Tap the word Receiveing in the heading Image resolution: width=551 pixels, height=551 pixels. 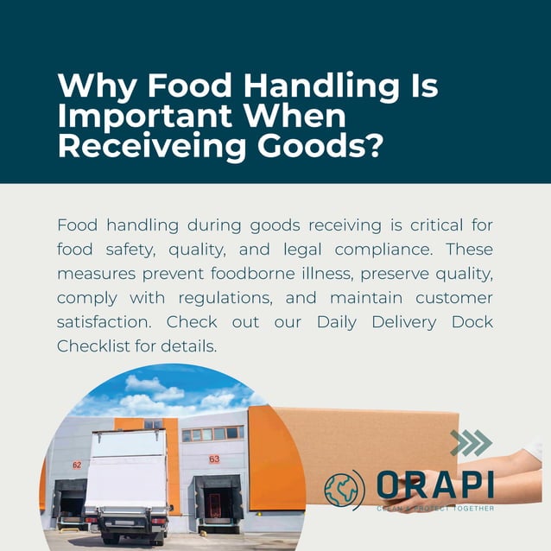(146, 145)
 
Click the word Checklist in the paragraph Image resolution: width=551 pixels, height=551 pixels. (94, 346)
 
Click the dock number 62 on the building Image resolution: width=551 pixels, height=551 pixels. (77, 465)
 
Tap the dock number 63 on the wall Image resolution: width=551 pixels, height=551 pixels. (214, 459)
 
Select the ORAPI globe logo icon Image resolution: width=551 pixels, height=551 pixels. (345, 489)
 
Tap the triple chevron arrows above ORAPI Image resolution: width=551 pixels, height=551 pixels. (471, 443)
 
